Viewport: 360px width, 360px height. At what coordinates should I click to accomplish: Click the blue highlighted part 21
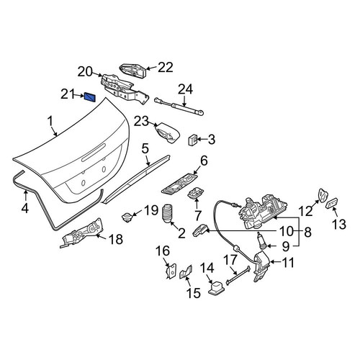(90, 97)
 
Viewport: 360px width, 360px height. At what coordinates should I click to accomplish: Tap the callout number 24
(185, 89)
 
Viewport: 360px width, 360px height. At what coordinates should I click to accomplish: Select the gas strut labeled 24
(179, 105)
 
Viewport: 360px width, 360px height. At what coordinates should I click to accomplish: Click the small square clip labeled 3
(193, 140)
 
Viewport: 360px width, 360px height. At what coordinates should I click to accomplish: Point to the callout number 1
(50, 121)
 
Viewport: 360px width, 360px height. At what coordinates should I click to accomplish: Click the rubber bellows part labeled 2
(168, 214)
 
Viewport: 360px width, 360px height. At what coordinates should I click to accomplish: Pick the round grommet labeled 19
(127, 217)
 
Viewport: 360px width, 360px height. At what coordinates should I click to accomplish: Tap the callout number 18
(116, 239)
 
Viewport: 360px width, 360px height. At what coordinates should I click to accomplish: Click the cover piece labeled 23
(167, 133)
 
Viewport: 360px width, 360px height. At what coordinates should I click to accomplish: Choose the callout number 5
(145, 149)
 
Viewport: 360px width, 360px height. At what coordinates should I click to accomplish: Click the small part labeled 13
(332, 204)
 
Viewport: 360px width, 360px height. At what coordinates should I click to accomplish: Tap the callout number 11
(287, 263)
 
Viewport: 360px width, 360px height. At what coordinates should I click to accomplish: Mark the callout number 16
(163, 251)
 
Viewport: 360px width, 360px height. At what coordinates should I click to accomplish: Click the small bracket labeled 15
(186, 272)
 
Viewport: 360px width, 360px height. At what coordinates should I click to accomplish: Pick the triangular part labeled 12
(323, 195)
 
